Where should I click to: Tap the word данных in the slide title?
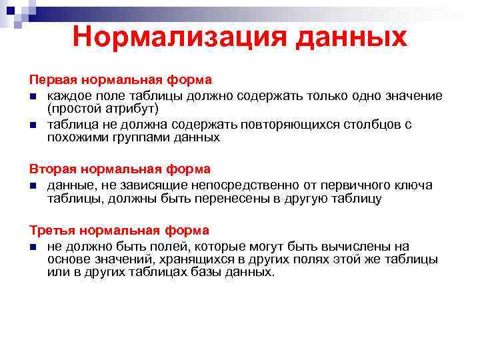(x=347, y=37)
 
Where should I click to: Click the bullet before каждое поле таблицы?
(x=32, y=96)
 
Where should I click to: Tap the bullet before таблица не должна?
(x=32, y=125)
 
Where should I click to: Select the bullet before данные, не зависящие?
(x=32, y=185)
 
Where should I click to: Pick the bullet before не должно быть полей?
(x=32, y=246)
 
